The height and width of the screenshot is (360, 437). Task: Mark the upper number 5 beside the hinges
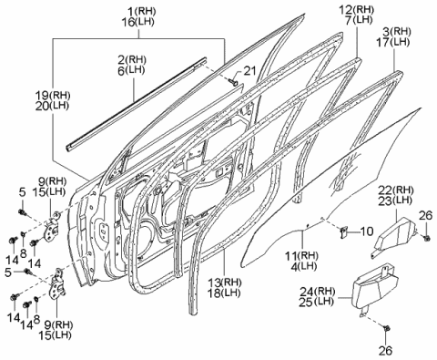[x=22, y=190]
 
